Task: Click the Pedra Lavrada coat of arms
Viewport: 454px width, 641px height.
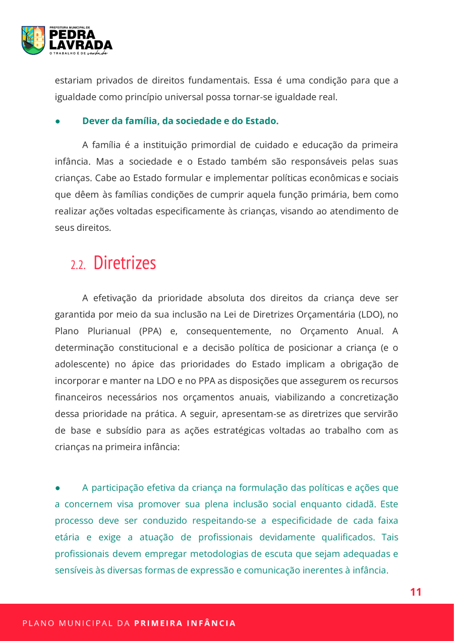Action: tap(33, 40)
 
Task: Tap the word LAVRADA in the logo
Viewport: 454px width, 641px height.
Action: tap(81, 45)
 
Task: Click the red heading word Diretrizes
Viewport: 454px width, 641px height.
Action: tap(125, 263)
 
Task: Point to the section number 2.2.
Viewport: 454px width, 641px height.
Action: tap(78, 265)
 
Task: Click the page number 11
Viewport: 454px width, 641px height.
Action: tap(416, 592)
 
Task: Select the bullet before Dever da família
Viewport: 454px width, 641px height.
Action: tap(58, 121)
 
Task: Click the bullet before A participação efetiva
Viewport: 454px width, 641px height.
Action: tap(58, 488)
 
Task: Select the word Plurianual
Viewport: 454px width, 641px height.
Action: tap(108, 331)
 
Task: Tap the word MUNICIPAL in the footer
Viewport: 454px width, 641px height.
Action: tap(85, 623)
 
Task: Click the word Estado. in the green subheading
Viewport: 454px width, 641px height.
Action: tap(262, 121)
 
